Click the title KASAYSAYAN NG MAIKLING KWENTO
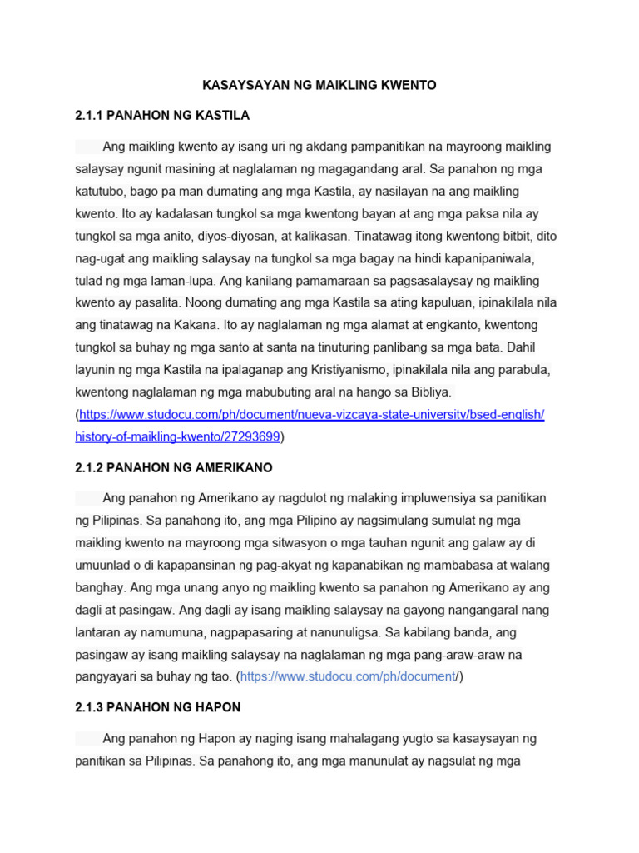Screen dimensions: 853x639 point(319,85)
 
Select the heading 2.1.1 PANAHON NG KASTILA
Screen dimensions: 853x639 point(162,115)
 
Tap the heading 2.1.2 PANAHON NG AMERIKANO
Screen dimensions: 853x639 point(174,467)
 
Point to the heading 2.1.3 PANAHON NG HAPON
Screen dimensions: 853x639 point(158,707)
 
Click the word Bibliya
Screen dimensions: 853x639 point(428,392)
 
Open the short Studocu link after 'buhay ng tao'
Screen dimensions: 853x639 point(349,676)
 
